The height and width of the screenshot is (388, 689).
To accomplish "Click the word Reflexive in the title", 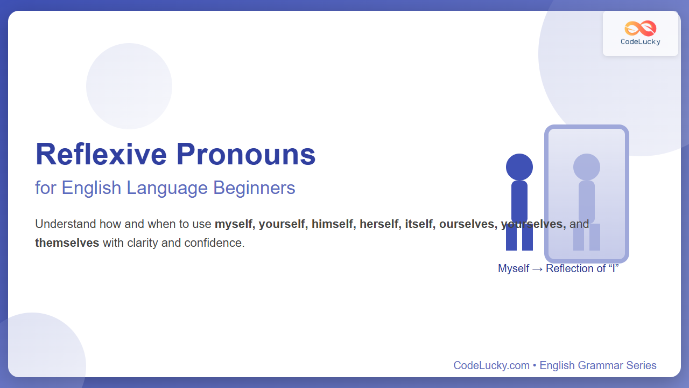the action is tap(101, 154).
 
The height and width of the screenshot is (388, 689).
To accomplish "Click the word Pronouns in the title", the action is tap(246, 154).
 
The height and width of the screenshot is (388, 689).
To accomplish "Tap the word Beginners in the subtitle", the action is tap(254, 188).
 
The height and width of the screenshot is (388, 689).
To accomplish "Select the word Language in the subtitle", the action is tap(167, 188).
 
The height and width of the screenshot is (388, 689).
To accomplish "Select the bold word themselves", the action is tap(67, 243).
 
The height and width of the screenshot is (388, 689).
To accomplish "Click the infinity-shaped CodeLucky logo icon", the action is tap(641, 29).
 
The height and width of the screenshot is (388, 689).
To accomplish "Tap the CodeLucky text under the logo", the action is tap(641, 42).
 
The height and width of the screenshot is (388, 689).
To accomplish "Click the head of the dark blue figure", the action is tap(519, 167).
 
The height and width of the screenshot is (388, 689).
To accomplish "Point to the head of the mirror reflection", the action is tap(587, 167).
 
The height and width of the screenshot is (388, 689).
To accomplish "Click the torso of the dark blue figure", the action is tap(519, 202).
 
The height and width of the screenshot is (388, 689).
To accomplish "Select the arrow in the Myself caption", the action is tap(537, 269).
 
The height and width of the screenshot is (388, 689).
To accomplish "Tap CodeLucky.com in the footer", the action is tap(491, 365).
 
